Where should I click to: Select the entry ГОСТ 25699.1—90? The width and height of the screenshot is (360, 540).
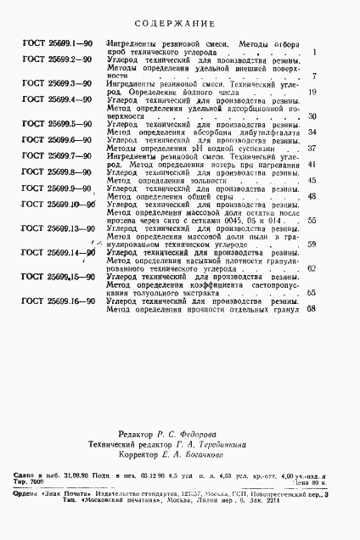59,42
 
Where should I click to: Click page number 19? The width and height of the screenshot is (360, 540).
312,92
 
